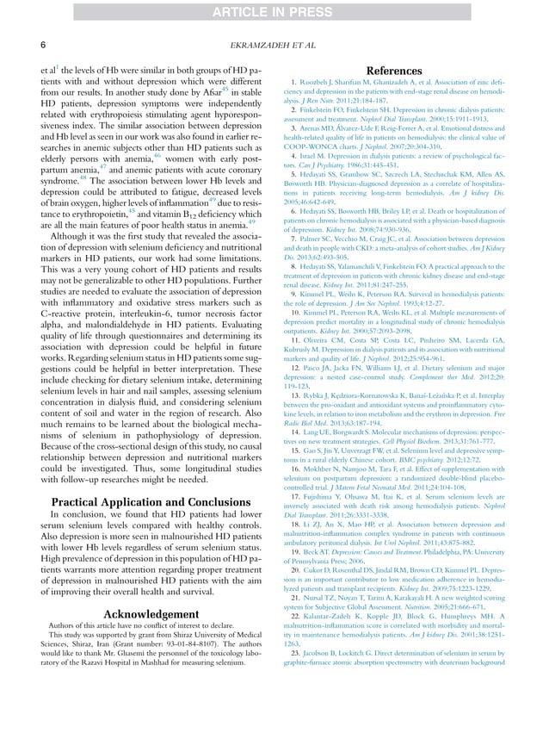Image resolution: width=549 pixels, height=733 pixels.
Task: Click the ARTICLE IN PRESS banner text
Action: click(x=274, y=10)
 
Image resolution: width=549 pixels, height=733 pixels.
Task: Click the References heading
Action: click(x=395, y=70)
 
